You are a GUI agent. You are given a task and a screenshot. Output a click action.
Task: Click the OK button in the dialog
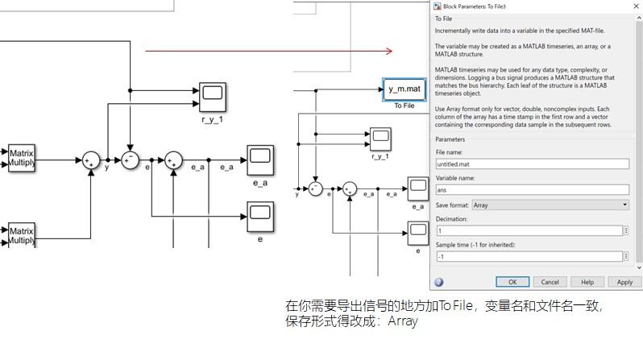click(512, 282)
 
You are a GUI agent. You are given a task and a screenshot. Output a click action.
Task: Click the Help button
click(587, 282)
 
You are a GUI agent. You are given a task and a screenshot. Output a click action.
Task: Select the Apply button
click(624, 282)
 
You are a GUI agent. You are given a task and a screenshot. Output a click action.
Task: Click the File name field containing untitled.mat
click(530, 163)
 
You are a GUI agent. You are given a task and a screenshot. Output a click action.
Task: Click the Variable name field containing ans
click(530, 190)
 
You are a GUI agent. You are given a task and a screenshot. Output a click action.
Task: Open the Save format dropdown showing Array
click(549, 205)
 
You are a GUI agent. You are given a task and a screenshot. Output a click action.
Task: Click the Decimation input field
click(530, 230)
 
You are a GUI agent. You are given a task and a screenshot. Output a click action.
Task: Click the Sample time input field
click(530, 256)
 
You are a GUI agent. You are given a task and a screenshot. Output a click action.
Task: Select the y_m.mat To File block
click(404, 89)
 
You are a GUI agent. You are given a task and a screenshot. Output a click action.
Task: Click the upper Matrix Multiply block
click(21, 159)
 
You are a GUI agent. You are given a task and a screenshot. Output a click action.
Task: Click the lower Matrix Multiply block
click(21, 234)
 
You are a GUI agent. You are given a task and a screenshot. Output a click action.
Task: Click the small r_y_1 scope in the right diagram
click(380, 138)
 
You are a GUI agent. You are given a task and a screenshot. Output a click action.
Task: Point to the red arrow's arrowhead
click(389, 52)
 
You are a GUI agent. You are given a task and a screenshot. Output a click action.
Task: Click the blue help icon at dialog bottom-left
click(439, 282)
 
